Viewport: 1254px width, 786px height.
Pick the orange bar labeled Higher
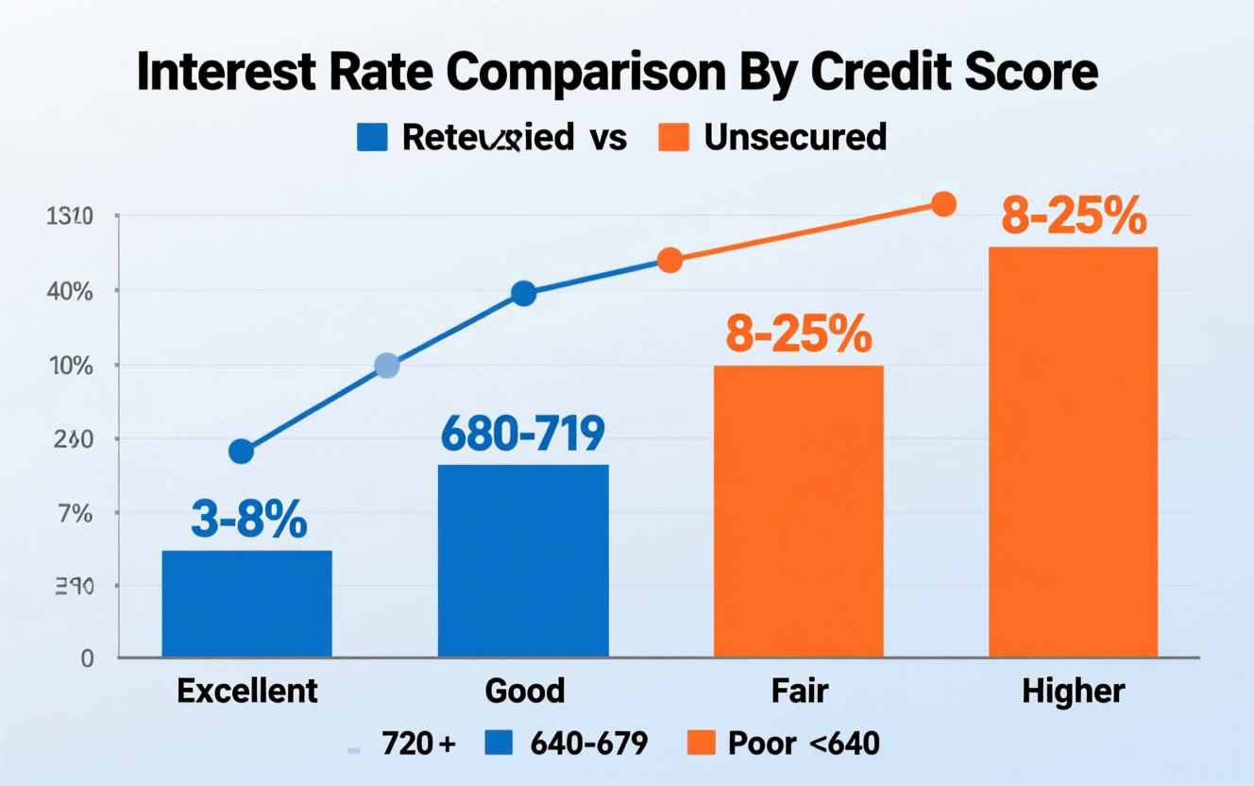(1073, 452)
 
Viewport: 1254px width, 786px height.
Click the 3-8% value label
(249, 519)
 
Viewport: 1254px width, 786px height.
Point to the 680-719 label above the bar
(522, 434)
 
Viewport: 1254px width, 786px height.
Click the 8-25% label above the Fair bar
(798, 334)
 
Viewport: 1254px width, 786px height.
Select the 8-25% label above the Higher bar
(1074, 217)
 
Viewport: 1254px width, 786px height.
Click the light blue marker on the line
(386, 366)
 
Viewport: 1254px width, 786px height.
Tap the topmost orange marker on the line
(943, 204)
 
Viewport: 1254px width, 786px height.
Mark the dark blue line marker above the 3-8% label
(242, 452)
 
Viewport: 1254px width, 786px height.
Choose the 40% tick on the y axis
(70, 291)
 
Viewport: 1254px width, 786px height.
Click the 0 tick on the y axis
(87, 658)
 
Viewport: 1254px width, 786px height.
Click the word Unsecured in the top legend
(795, 138)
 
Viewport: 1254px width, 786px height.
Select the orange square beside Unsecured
(671, 138)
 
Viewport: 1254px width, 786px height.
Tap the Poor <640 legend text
(804, 743)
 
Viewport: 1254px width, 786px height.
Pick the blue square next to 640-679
(498, 743)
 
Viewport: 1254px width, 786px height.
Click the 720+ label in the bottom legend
(418, 743)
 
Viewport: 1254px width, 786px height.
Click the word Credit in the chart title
(858, 73)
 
